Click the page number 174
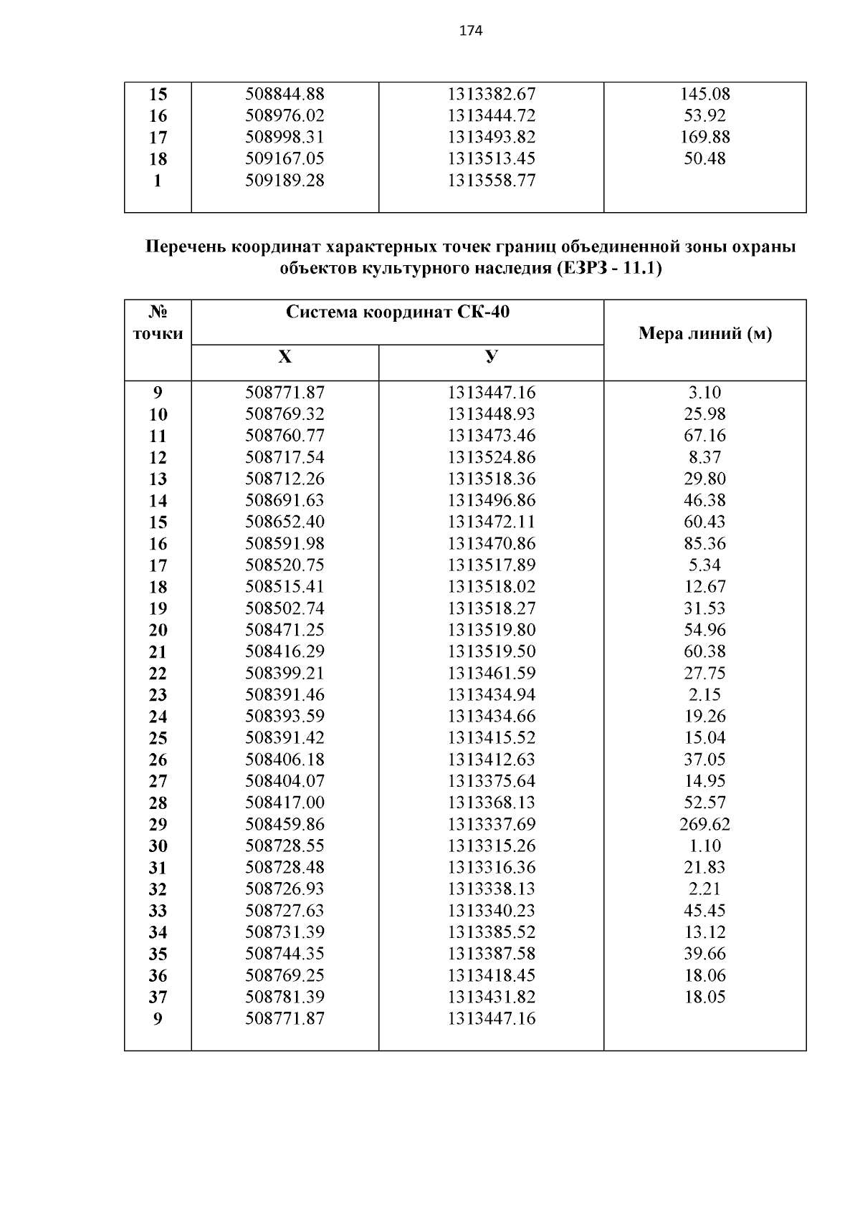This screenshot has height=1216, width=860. pos(470,31)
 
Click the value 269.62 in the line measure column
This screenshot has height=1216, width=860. pos(704,824)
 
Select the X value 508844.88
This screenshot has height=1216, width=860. pos(285,94)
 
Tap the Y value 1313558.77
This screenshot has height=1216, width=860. pos(492,181)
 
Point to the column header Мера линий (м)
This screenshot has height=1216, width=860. pos(704,334)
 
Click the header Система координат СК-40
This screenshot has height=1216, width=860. pos(398,312)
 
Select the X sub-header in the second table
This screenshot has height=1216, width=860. pos(285,357)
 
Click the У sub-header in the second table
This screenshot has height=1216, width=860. pos(491,357)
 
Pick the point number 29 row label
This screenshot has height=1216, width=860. pos(158,824)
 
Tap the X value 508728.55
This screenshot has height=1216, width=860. pos(285,846)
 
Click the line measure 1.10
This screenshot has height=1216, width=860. pos(704,846)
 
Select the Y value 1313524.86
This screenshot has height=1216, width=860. pos(492,457)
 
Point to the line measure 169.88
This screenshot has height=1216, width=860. pos(704,137)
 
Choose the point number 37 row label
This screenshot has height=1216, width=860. pos(158,997)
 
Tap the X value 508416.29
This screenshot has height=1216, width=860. pos(285,651)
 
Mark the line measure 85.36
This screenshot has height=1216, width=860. pos(704,543)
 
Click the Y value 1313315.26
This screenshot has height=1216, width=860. pos(492,846)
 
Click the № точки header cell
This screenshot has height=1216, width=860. pos(158,322)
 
